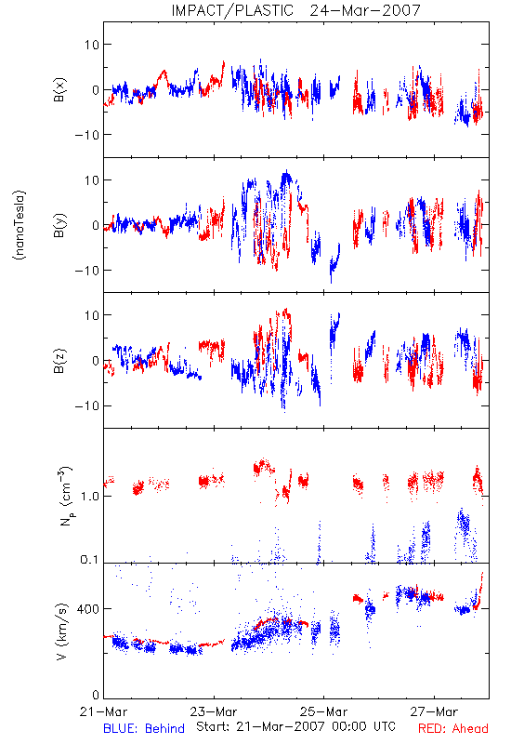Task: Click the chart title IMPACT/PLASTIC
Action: (232, 10)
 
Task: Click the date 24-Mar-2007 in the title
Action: (365, 10)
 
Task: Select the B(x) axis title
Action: (59, 89)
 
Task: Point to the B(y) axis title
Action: (59, 225)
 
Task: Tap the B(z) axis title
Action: (59, 361)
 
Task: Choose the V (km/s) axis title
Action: (61, 631)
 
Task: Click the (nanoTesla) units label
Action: (20, 225)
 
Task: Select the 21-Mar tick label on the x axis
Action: (103, 711)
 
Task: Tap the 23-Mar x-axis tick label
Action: (214, 711)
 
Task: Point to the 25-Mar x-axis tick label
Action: (323, 711)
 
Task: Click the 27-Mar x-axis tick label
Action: (434, 711)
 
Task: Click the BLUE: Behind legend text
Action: (144, 729)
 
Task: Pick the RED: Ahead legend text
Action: (453, 729)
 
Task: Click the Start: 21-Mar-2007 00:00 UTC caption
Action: (295, 726)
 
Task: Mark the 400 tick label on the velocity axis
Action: (87, 609)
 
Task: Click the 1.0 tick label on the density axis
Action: (89, 497)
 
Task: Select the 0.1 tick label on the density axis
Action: (89, 560)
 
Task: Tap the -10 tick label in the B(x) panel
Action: (86, 135)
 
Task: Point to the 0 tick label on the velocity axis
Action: (96, 695)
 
